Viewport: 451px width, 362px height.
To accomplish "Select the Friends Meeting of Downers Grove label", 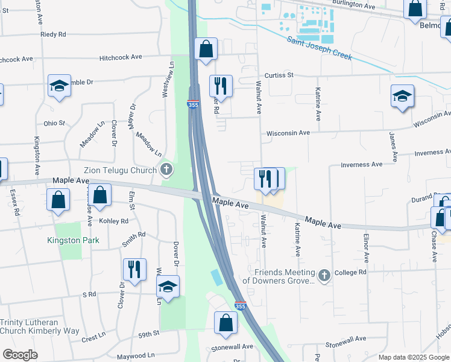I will point(279,276).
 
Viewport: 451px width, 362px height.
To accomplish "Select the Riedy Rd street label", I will point(53,34).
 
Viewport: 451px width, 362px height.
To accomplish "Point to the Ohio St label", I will point(54,123).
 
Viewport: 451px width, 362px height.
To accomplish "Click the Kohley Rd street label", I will point(115,221).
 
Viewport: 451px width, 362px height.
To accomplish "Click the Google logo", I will point(20,355).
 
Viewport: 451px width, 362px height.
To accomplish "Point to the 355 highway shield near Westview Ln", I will point(193,104).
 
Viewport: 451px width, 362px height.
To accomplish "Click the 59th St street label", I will point(148,333).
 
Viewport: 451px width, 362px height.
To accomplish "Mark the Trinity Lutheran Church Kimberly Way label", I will point(40,326).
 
